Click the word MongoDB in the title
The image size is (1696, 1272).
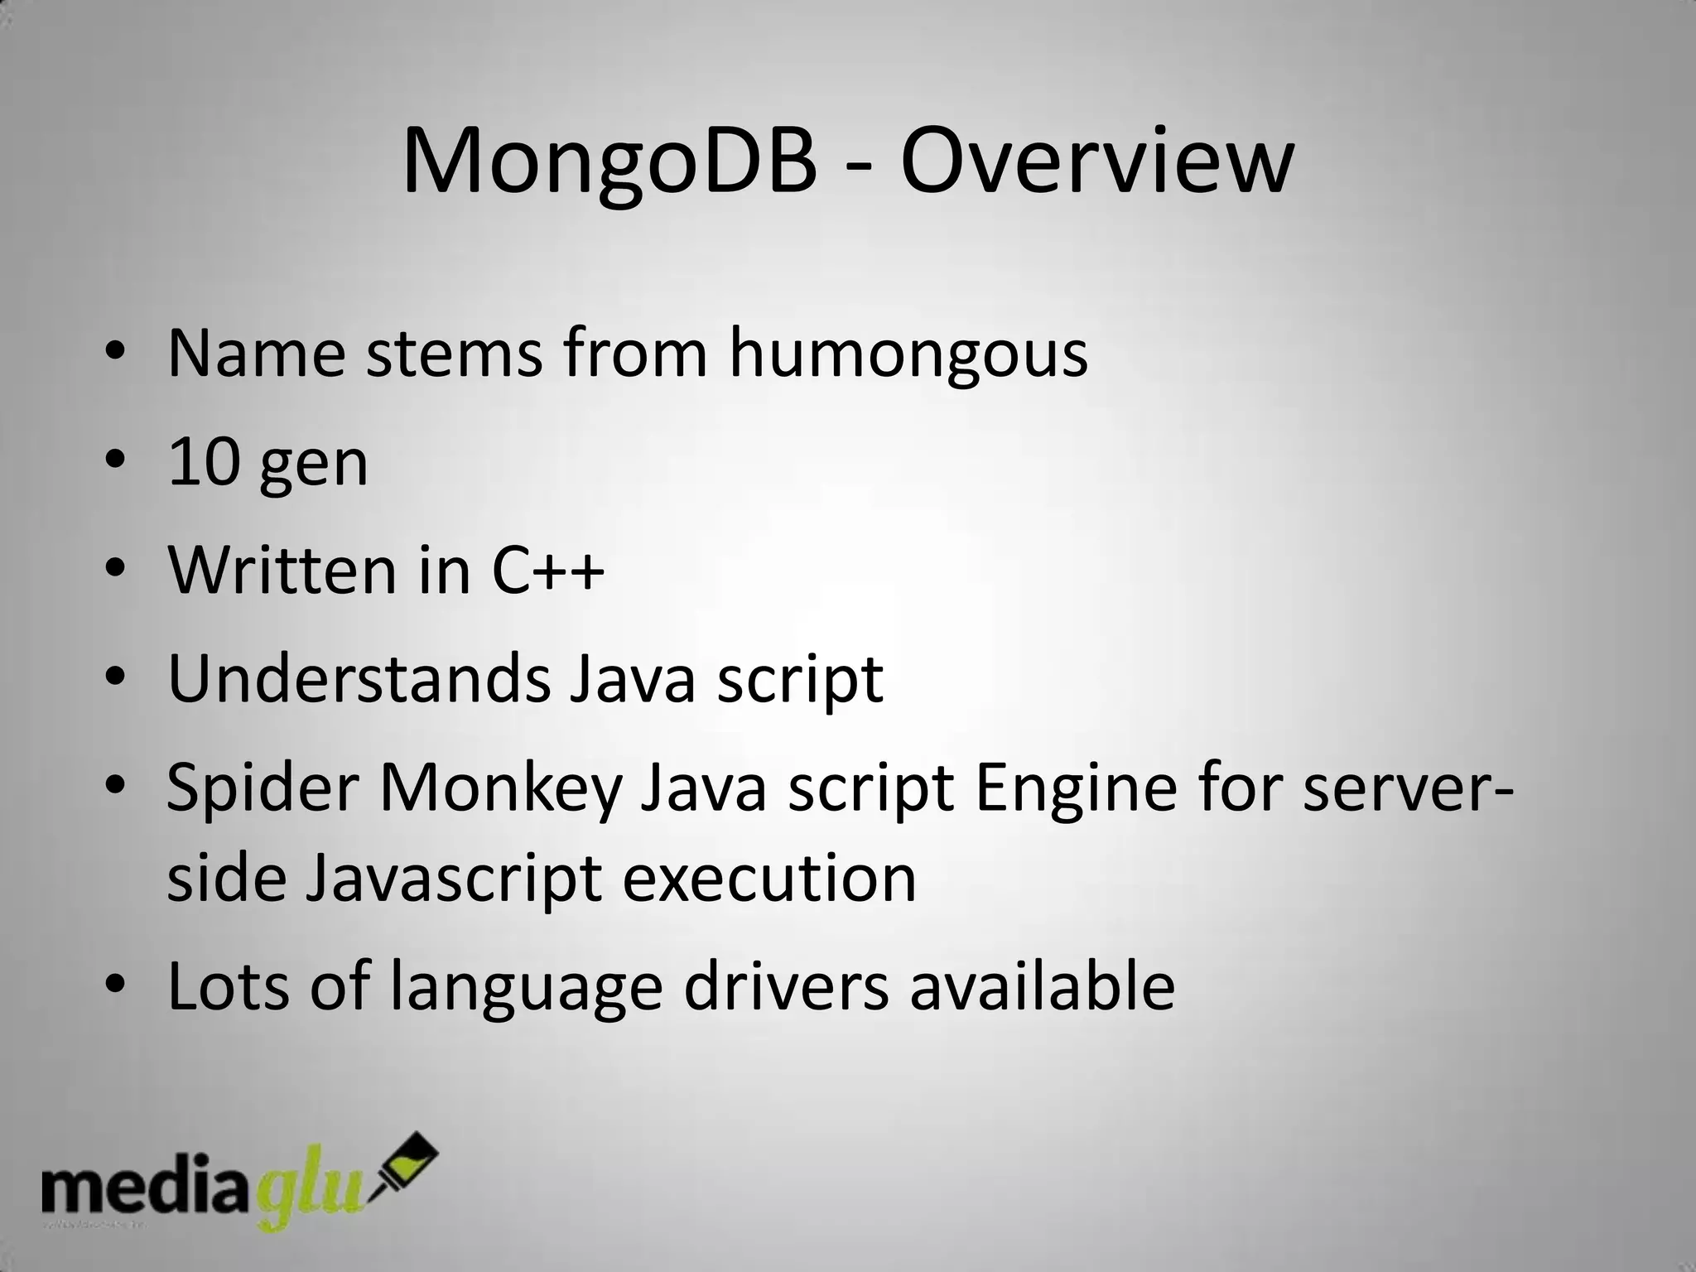[609, 161]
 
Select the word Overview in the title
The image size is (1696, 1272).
[1096, 161]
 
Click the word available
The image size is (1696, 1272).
[1043, 986]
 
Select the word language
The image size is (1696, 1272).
[526, 986]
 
